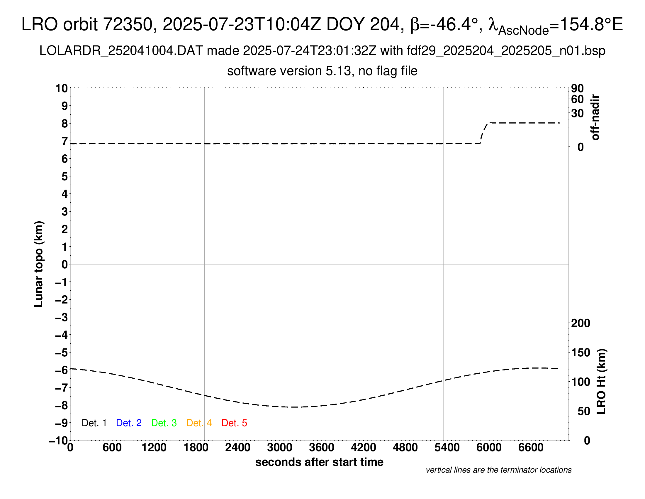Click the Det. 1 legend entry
94,423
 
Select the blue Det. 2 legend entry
129,423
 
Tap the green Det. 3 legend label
164,423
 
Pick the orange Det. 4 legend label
199,423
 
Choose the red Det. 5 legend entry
234,423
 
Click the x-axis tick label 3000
280,448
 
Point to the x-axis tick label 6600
531,448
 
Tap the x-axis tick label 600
112,448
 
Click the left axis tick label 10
62,88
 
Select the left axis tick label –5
62,353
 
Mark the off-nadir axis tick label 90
577,88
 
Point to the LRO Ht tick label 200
580,323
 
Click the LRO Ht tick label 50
583,411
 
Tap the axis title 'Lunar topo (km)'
39,264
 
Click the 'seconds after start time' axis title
319,462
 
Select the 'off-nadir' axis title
595,117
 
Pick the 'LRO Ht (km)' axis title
601,382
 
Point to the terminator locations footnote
498,470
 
